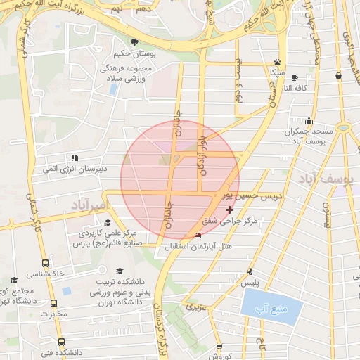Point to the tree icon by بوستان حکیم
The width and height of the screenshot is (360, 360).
pyautogui.click(x=135, y=42)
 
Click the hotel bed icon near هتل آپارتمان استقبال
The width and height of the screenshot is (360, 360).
pyautogui.click(x=198, y=236)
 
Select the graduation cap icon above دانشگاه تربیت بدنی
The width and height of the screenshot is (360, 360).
pyautogui.click(x=120, y=271)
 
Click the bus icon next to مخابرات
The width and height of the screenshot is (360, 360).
pyautogui.click(x=53, y=303)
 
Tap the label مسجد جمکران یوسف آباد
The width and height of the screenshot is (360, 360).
pyautogui.click(x=308, y=136)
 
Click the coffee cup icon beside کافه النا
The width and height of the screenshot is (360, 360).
pyautogui.click(x=294, y=77)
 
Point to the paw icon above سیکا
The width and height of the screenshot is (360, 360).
pyautogui.click(x=278, y=62)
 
